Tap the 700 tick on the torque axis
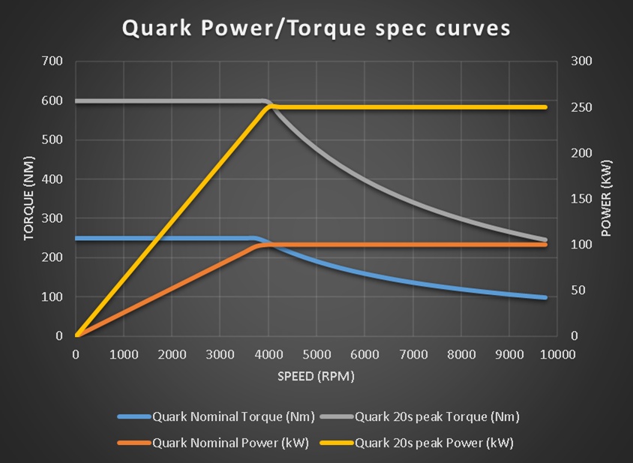tap(53, 61)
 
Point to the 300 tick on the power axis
tap(582, 61)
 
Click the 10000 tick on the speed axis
tap(555, 353)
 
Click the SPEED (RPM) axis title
tap(316, 375)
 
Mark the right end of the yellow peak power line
tap(545, 107)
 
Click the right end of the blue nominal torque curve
tap(545, 298)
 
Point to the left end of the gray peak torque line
tap(76, 101)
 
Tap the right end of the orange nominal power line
tap(545, 245)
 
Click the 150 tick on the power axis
tap(582, 199)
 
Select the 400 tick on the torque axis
tap(53, 179)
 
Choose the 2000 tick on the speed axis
tap(172, 353)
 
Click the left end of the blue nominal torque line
tap(76, 239)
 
